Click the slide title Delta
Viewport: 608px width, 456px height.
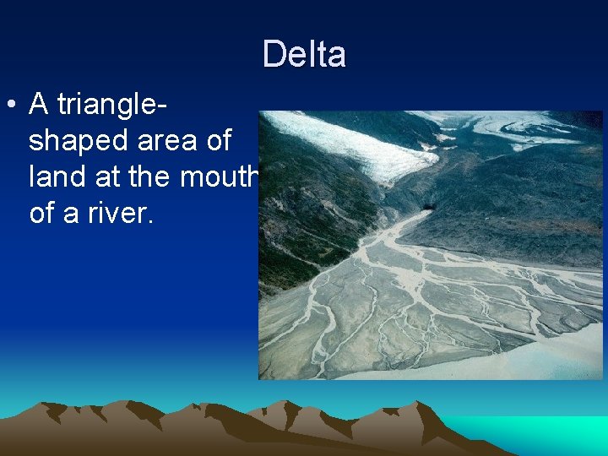click(x=304, y=54)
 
